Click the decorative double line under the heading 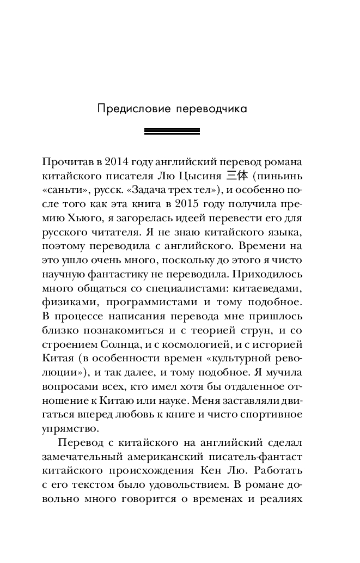(172, 131)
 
